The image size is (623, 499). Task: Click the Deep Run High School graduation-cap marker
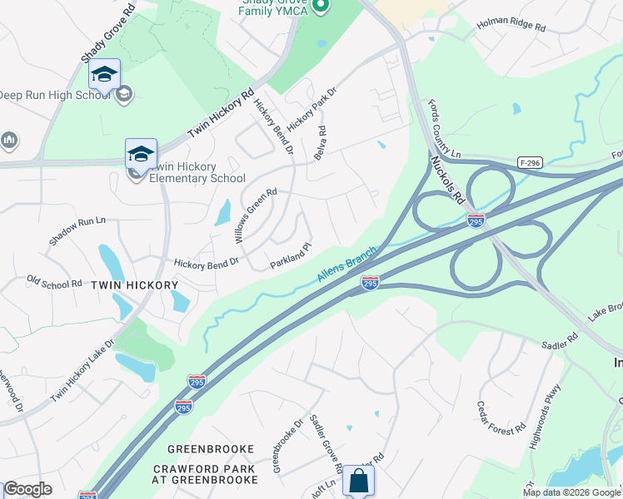tap(104, 75)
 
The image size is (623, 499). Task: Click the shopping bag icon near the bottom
tap(358, 481)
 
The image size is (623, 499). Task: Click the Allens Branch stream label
tap(347, 264)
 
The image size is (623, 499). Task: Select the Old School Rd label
tap(54, 283)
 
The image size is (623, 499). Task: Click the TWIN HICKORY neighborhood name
tap(134, 285)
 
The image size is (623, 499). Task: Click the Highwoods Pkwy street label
tap(546, 417)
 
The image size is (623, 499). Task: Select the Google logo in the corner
tap(27, 489)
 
